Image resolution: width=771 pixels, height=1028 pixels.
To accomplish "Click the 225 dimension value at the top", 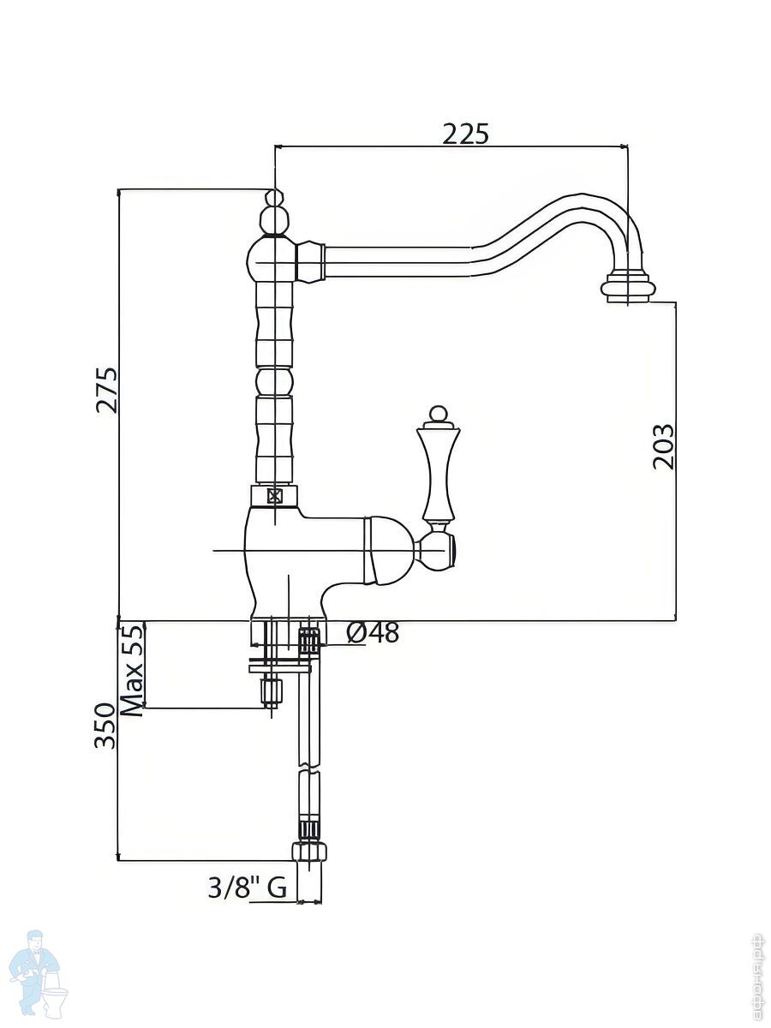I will (x=465, y=134).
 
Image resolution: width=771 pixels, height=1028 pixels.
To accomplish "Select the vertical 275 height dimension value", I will (x=108, y=390).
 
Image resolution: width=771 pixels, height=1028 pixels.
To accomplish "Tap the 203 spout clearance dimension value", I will (x=664, y=446).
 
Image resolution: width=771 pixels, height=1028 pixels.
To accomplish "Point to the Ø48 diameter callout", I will (x=374, y=633).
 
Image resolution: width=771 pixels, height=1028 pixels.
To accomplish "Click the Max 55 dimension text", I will (x=131, y=671).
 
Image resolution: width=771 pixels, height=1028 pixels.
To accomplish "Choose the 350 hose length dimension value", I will (x=105, y=726).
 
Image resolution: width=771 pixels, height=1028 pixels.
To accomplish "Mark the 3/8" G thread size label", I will (x=247, y=888).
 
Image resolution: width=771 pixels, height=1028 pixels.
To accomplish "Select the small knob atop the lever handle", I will (x=439, y=417).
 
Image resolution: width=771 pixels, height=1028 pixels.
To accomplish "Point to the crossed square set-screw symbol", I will (x=274, y=496).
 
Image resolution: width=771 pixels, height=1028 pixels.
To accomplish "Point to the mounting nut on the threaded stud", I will (x=272, y=690).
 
